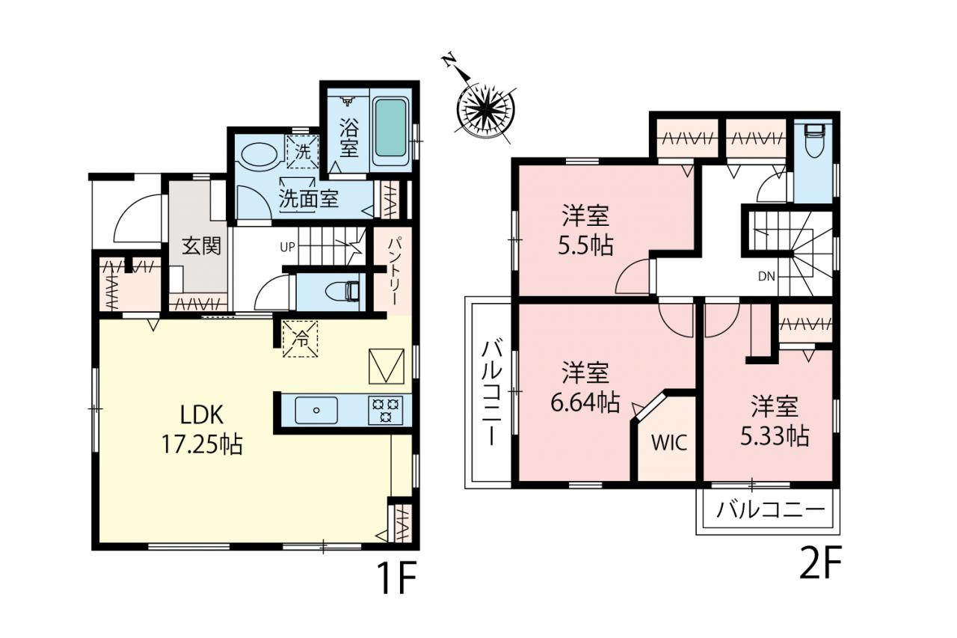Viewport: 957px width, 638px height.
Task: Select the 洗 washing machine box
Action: click(303, 152)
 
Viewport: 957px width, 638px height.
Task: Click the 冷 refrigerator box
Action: click(301, 338)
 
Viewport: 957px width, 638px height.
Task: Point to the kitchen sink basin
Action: click(316, 410)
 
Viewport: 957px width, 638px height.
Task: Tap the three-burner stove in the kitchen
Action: click(386, 410)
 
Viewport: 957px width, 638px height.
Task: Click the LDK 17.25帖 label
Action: click(202, 430)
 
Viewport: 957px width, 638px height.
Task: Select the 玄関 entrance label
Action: click(201, 246)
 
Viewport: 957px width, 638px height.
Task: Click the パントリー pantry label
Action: click(393, 272)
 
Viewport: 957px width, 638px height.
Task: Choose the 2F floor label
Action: click(820, 561)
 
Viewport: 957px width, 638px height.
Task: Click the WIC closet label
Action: click(669, 443)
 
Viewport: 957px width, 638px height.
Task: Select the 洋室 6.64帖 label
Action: click(585, 387)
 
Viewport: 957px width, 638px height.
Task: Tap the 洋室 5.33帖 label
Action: click(775, 421)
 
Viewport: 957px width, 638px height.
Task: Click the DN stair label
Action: click(766, 277)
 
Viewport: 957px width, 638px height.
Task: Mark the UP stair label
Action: click(287, 247)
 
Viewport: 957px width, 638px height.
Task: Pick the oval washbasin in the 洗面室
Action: click(259, 154)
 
